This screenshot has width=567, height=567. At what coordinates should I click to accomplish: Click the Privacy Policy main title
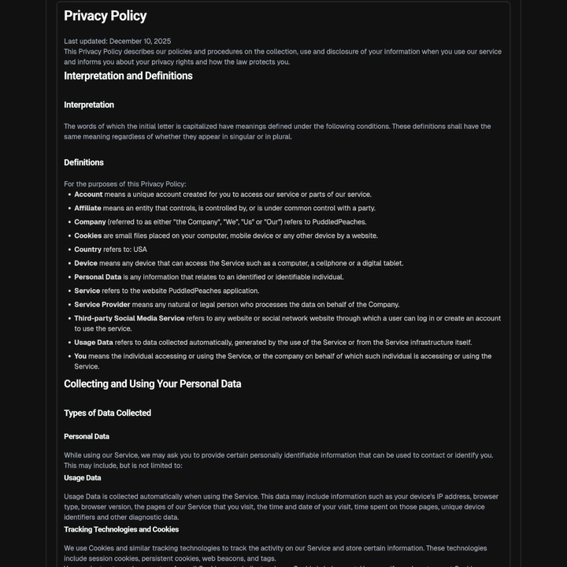click(x=105, y=16)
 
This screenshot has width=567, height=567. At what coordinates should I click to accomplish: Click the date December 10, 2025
click(x=140, y=41)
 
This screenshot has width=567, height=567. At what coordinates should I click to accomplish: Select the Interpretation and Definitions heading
click(x=128, y=76)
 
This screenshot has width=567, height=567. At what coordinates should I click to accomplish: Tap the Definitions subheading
click(x=83, y=162)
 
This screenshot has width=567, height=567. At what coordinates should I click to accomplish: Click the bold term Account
click(x=88, y=195)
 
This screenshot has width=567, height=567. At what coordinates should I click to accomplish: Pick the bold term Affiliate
click(x=87, y=208)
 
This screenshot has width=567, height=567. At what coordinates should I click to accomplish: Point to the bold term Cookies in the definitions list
click(x=87, y=235)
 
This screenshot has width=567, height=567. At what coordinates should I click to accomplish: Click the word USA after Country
click(x=140, y=250)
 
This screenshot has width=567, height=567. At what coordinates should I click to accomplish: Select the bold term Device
click(x=86, y=263)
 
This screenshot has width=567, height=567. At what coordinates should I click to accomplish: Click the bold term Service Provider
click(x=102, y=305)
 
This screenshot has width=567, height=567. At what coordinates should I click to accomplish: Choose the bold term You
click(x=80, y=356)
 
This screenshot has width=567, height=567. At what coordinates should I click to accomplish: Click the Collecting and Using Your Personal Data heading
click(x=152, y=384)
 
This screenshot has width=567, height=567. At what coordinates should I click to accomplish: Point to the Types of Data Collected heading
click(x=107, y=413)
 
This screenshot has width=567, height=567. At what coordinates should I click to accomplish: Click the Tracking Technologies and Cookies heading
click(x=121, y=529)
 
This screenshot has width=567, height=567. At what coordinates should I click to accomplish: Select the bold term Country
click(x=87, y=250)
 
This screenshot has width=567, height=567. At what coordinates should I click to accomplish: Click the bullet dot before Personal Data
click(x=69, y=277)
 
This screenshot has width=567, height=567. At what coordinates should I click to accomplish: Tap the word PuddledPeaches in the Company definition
click(x=339, y=222)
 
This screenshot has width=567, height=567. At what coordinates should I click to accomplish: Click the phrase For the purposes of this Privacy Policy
click(x=124, y=184)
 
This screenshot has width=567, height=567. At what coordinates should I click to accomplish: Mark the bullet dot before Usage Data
click(x=69, y=343)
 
